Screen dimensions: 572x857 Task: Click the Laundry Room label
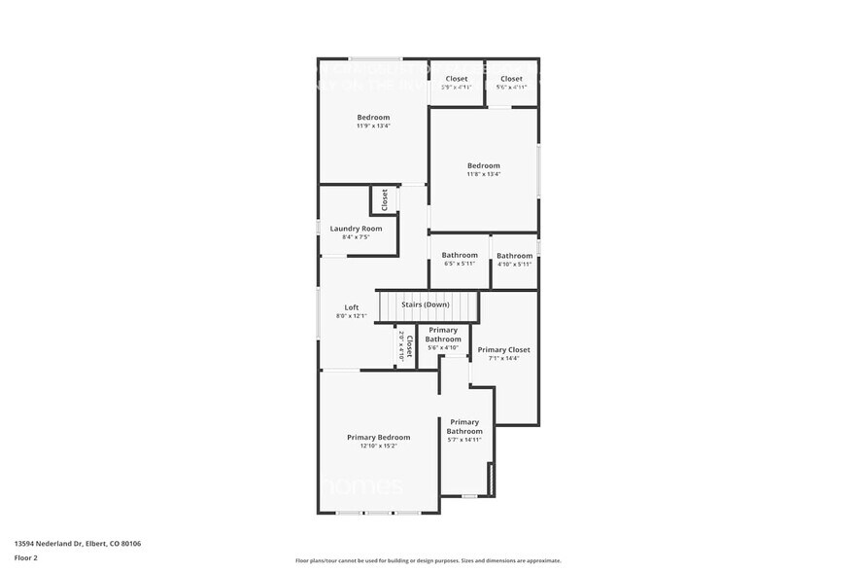click(356, 229)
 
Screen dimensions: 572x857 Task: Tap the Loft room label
click(352, 307)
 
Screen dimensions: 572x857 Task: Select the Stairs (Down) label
click(426, 304)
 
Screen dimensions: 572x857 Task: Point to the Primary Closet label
click(503, 350)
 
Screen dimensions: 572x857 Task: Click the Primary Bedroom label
click(378, 438)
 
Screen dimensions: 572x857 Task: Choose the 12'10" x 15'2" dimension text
click(378, 447)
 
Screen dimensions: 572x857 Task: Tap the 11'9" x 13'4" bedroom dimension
click(373, 125)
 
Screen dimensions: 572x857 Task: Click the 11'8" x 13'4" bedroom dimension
click(483, 175)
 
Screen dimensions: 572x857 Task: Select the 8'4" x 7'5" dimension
click(356, 237)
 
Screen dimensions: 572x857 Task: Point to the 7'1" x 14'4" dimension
click(503, 359)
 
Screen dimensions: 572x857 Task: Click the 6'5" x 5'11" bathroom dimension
click(460, 265)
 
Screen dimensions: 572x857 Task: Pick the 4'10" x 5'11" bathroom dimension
click(515, 265)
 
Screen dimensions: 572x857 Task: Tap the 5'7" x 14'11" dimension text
click(464, 440)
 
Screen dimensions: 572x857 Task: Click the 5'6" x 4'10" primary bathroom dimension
click(442, 348)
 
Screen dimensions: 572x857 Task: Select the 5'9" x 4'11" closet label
click(456, 88)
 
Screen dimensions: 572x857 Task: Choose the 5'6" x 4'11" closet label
click(511, 88)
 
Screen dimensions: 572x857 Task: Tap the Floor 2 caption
click(26, 557)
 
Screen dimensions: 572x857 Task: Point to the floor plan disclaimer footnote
click(428, 561)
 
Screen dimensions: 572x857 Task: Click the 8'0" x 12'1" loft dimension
click(352, 316)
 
